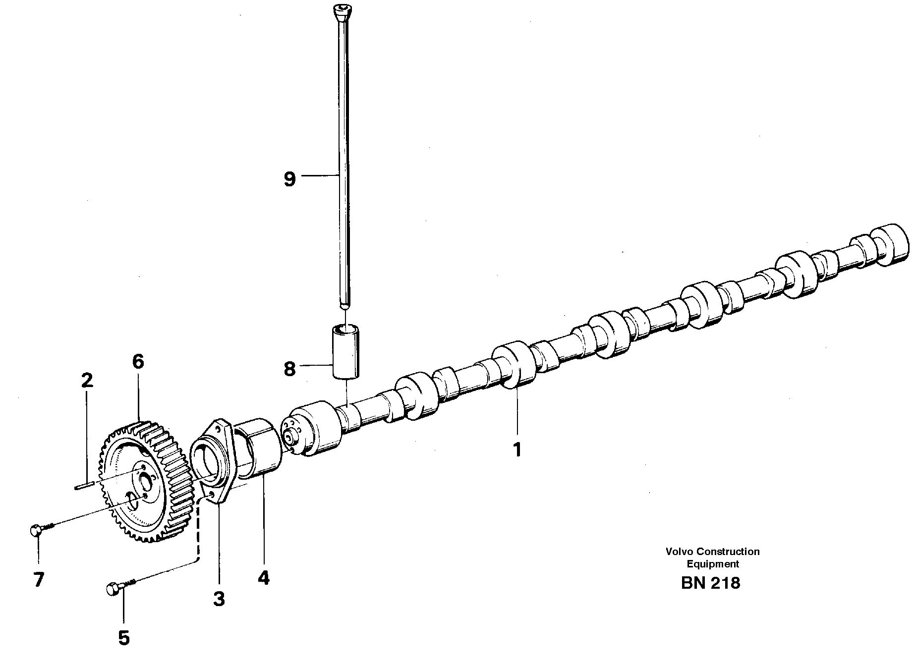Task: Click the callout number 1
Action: (x=517, y=450)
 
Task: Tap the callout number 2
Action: (x=86, y=381)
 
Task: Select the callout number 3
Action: (x=219, y=599)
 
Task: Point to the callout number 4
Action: (x=263, y=577)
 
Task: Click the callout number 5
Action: (x=124, y=638)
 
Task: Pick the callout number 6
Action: (x=138, y=362)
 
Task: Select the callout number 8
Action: (x=290, y=369)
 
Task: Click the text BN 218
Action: (x=710, y=583)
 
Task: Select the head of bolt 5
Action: (x=113, y=589)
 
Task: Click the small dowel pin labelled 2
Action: (x=85, y=486)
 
